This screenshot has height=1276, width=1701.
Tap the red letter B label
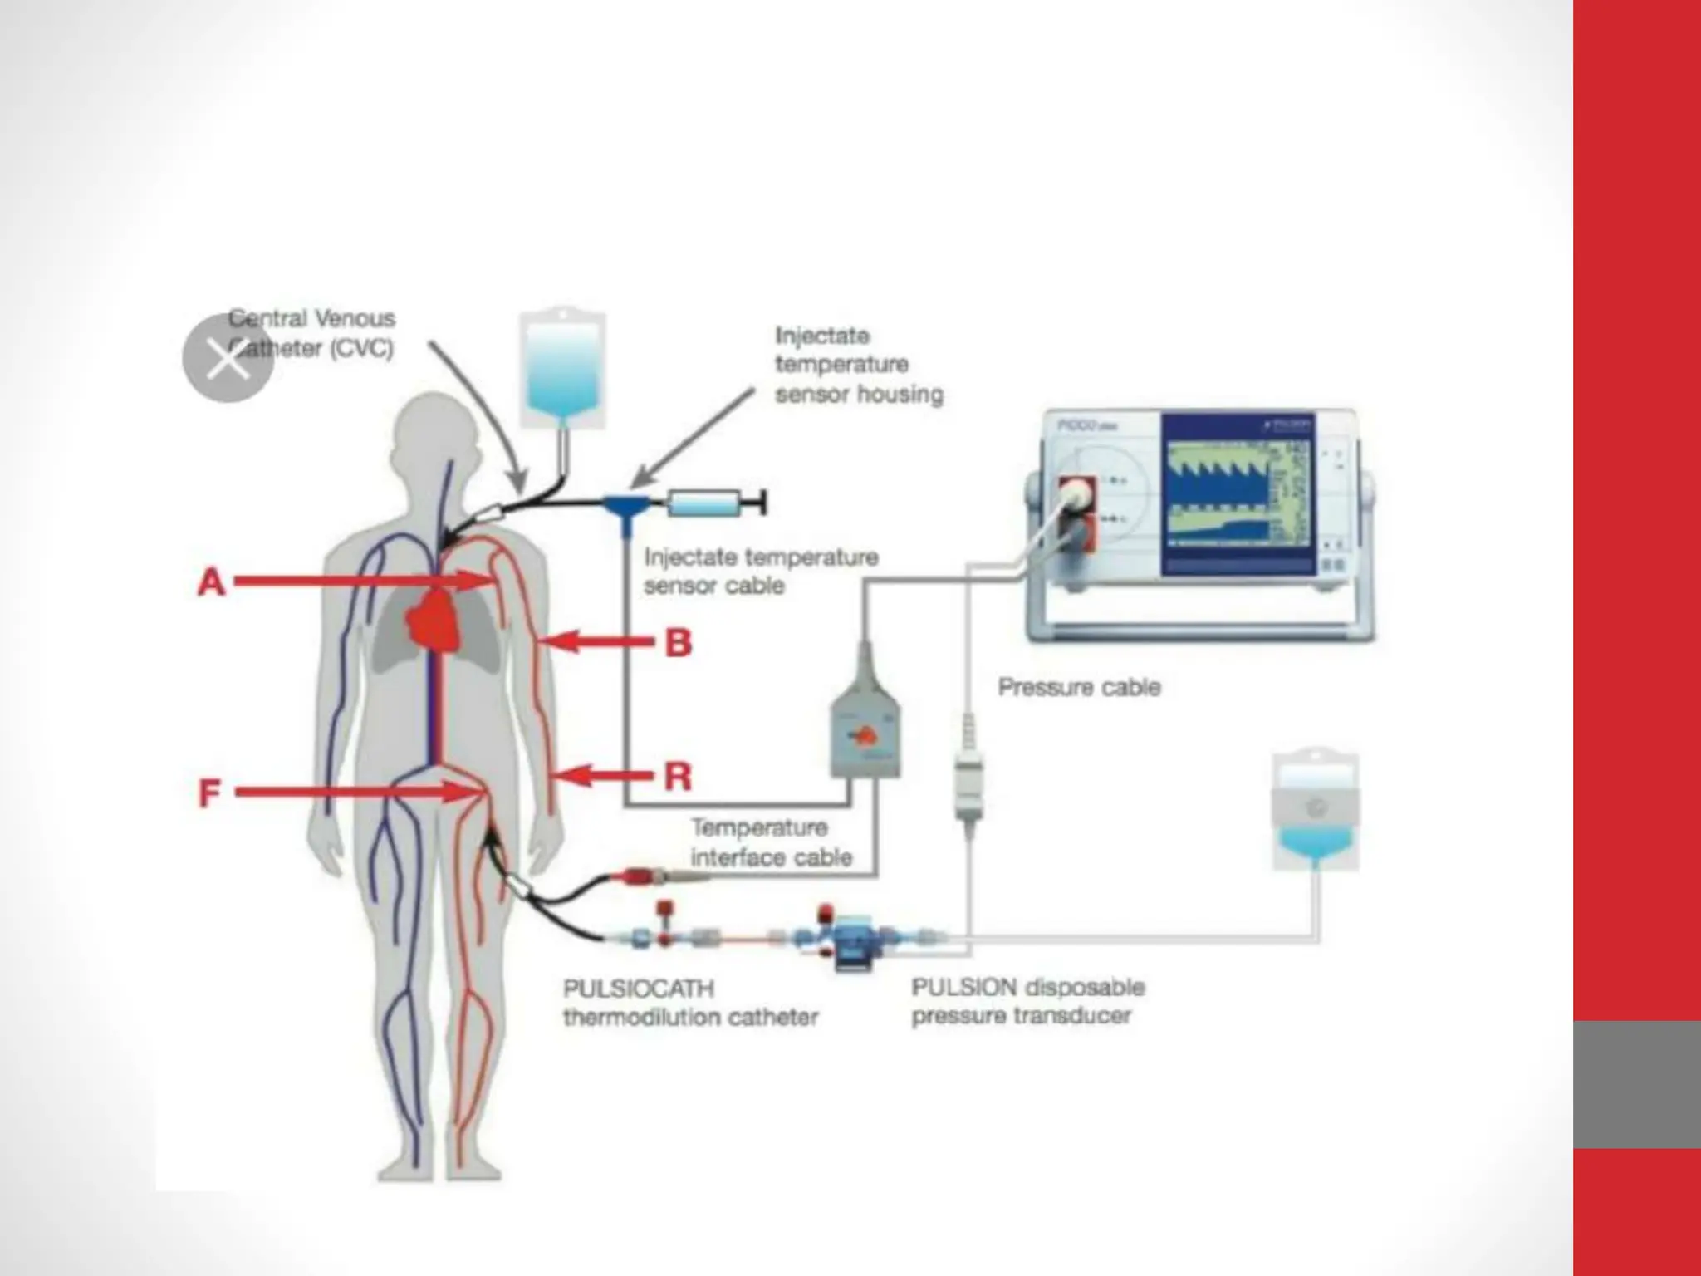[x=679, y=643]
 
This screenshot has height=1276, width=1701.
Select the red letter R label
[x=679, y=778]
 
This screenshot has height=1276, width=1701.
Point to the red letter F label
[x=209, y=793]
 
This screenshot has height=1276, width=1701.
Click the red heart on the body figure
[x=435, y=618]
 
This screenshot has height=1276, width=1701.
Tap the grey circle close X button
[x=228, y=359]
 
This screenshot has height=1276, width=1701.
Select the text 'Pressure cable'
[x=1078, y=687]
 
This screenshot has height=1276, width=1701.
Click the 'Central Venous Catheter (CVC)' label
[x=311, y=332]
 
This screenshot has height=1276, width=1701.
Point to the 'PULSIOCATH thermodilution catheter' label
[x=689, y=1003]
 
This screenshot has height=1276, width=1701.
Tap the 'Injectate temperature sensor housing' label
[x=858, y=365]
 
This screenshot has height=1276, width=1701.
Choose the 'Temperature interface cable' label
[x=771, y=842]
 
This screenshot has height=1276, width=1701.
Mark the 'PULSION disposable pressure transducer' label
[x=1027, y=1001]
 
